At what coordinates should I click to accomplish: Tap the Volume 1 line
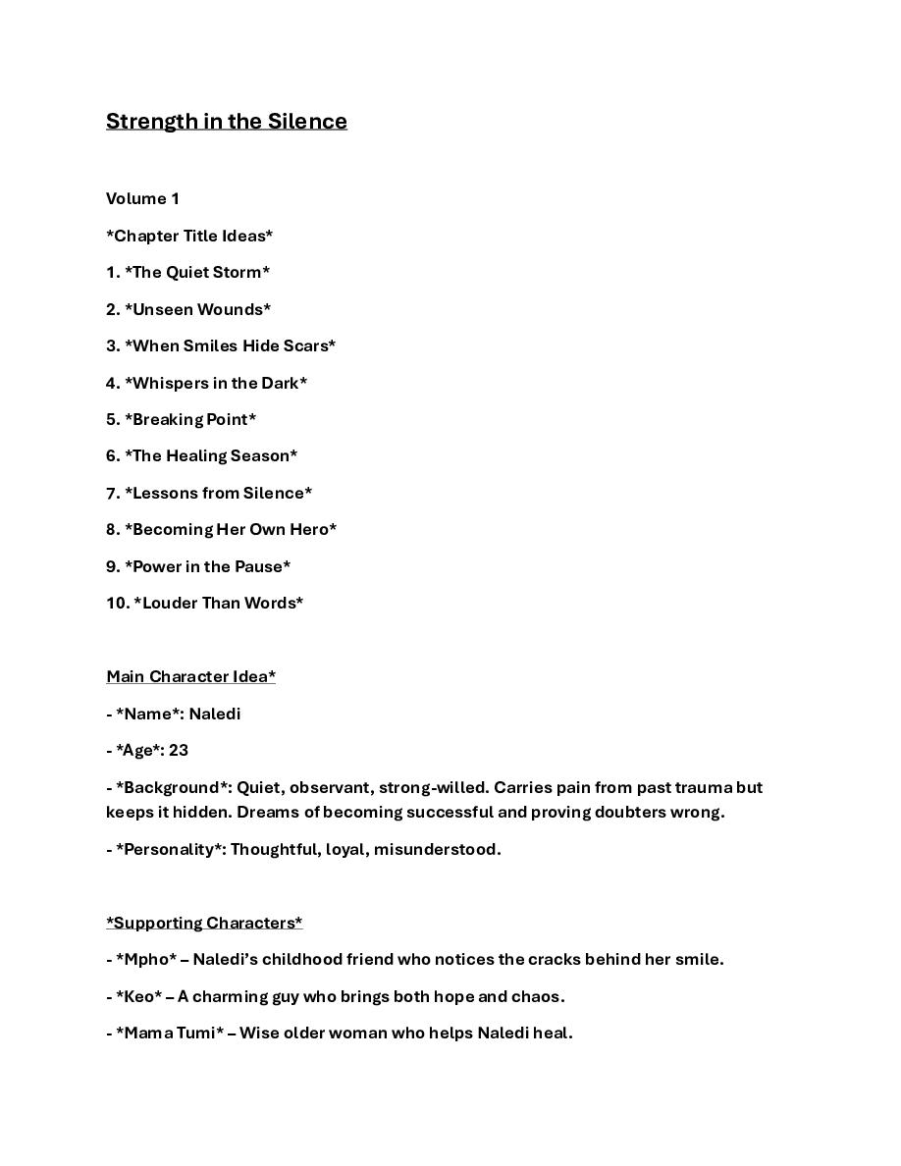[x=142, y=199]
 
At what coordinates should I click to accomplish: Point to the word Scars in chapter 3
[x=304, y=346]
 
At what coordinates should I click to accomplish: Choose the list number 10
[x=117, y=604]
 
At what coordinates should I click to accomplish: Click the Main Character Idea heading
[x=190, y=677]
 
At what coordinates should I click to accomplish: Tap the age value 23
[x=179, y=751]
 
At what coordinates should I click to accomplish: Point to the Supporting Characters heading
[x=204, y=924]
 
